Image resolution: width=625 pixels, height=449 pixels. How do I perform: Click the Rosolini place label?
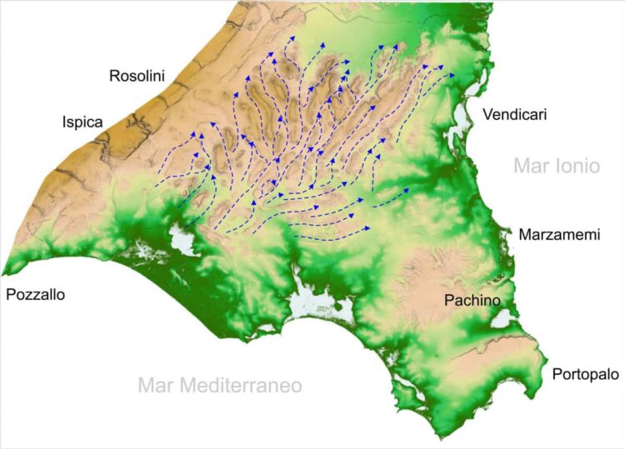point(137,77)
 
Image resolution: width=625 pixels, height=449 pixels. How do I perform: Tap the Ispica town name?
point(82,122)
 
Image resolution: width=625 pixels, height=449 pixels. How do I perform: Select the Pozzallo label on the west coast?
point(35,294)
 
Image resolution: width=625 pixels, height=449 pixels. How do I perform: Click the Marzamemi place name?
point(559,235)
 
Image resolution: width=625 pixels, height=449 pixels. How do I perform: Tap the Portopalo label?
point(584,375)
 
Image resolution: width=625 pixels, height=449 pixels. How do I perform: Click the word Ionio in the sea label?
point(577,166)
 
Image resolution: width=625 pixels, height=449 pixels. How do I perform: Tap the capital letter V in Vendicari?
point(475,115)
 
